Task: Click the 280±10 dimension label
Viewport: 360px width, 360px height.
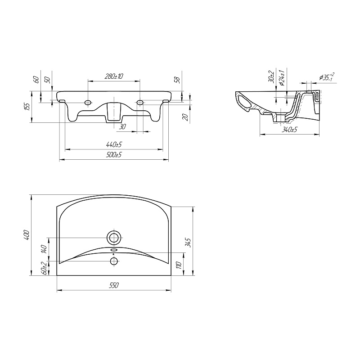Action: pyautogui.click(x=114, y=76)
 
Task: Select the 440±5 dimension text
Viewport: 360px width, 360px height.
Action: pyautogui.click(x=114, y=144)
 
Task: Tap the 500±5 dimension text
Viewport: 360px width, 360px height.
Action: pyautogui.click(x=114, y=154)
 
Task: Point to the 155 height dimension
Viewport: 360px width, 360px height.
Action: pyautogui.click(x=27, y=107)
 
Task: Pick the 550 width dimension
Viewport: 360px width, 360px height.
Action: pyautogui.click(x=114, y=285)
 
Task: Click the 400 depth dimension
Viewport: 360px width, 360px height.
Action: pyautogui.click(x=27, y=234)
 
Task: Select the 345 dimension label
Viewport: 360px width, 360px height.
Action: pyautogui.click(x=189, y=243)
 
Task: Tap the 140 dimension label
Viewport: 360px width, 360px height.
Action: pyautogui.click(x=44, y=249)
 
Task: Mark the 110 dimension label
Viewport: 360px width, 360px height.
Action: pyautogui.click(x=179, y=265)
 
